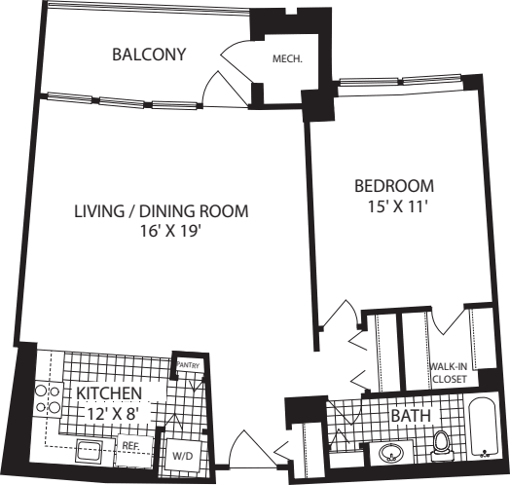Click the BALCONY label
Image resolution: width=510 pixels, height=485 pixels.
(x=149, y=54)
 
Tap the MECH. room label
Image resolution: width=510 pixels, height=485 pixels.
(x=287, y=58)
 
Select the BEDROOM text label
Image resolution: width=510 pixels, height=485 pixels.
(x=393, y=186)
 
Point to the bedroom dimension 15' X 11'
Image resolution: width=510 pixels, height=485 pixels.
(x=393, y=205)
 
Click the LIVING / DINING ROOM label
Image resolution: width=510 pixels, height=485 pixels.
(x=162, y=211)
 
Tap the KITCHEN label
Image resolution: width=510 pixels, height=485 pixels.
(x=110, y=392)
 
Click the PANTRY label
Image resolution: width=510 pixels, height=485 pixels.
(x=187, y=365)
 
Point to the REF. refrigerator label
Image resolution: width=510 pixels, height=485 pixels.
(x=131, y=446)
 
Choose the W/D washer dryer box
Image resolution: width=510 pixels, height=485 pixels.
(x=182, y=455)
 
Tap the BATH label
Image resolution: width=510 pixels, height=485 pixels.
(x=410, y=416)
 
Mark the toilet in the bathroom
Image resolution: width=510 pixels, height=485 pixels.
(x=441, y=445)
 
